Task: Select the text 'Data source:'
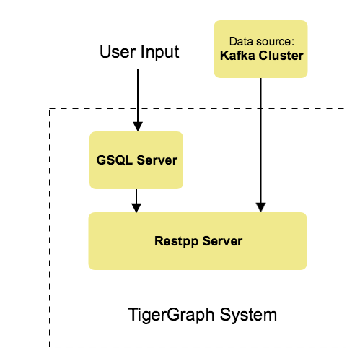tap(260, 42)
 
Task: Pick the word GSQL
tap(113, 160)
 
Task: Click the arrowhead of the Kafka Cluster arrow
tap(260, 208)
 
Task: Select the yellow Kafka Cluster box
tap(260, 49)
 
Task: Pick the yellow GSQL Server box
tap(136, 160)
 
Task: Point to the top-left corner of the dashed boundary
tap(50, 109)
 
